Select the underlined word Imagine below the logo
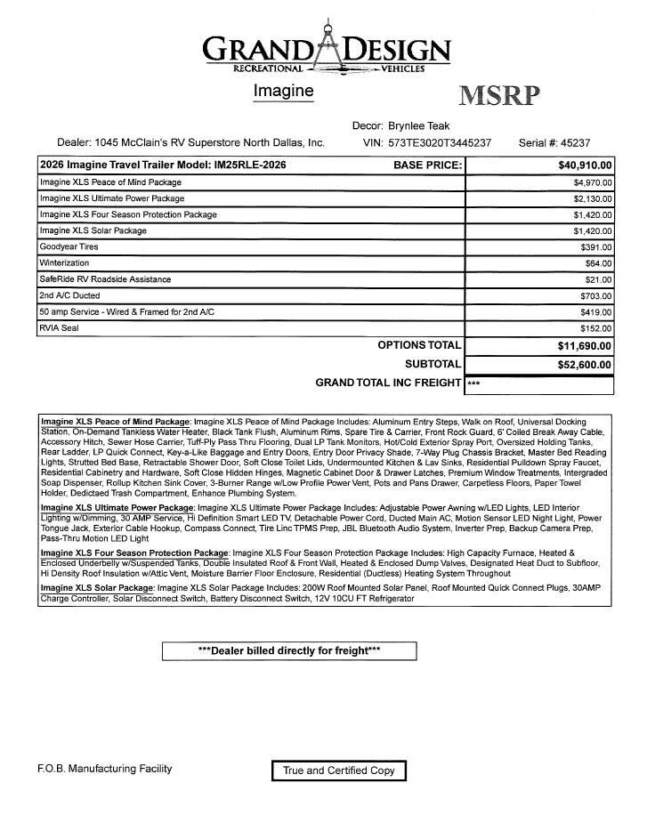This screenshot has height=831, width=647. (284, 91)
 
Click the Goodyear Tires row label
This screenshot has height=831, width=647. (69, 246)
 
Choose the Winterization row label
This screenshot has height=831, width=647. (63, 263)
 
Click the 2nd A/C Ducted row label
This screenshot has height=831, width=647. (69, 295)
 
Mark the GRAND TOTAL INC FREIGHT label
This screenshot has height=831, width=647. (388, 383)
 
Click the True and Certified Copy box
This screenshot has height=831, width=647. (338, 770)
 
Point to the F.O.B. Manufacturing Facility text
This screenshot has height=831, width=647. (106, 769)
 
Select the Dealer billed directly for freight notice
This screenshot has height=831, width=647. (289, 650)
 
